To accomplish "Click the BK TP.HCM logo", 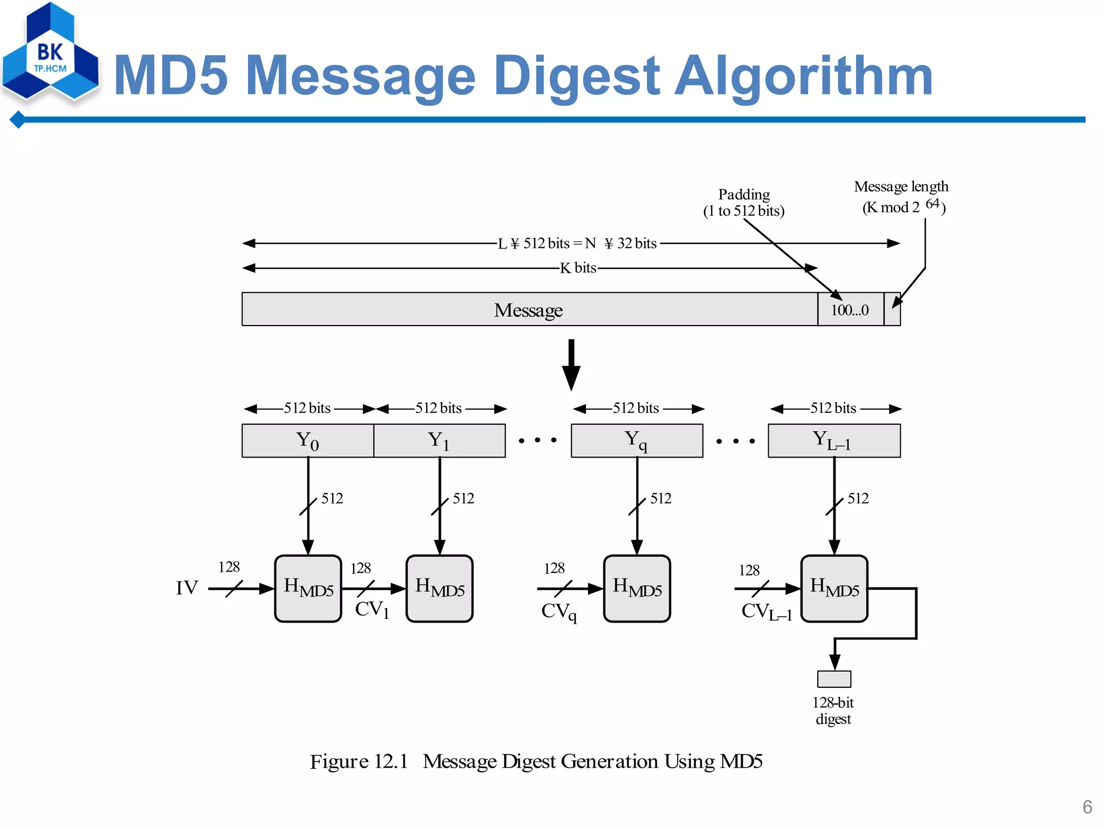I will [x=50, y=54].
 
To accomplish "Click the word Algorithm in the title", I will [x=803, y=77].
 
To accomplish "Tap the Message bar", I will [x=528, y=310].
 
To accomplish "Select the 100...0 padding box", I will [x=850, y=310].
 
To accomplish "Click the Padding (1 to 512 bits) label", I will [x=744, y=203].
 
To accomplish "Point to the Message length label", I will [x=901, y=187].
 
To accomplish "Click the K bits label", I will [x=578, y=268].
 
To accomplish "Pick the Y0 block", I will [x=308, y=440].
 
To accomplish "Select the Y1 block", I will [x=439, y=440].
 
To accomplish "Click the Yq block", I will [x=637, y=440].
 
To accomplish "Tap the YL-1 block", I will [x=834, y=440].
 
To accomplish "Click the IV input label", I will [x=187, y=588].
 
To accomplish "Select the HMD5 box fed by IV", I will [x=308, y=588].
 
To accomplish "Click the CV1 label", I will [x=372, y=610].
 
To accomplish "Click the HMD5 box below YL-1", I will [x=834, y=588].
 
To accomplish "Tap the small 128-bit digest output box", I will [x=834, y=679].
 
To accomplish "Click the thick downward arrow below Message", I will [x=571, y=364].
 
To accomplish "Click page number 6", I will [x=1087, y=807].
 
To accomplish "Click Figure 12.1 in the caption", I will [x=359, y=761].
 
